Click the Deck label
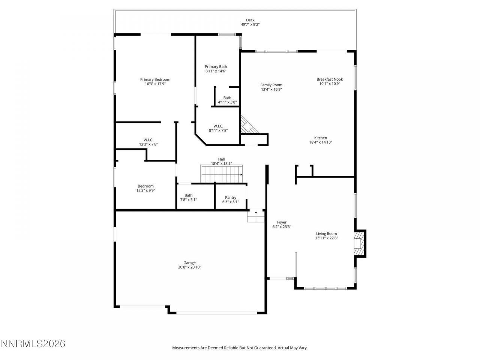(250, 20)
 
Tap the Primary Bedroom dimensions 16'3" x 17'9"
(155, 84)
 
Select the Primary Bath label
(216, 67)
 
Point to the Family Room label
(271, 85)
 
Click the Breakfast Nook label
(330, 79)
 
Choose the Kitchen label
(321, 138)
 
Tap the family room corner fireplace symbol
(247, 125)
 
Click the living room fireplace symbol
(359, 244)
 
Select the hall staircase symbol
(222, 174)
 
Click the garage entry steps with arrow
(256, 216)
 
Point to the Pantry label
(231, 198)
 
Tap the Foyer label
(282, 222)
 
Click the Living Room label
(326, 234)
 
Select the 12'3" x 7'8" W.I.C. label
(148, 140)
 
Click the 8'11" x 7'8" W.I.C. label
(218, 126)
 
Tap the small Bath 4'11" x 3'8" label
(227, 98)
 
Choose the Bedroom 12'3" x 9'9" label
(145, 186)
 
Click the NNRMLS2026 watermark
(33, 343)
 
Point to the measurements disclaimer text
(240, 348)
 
